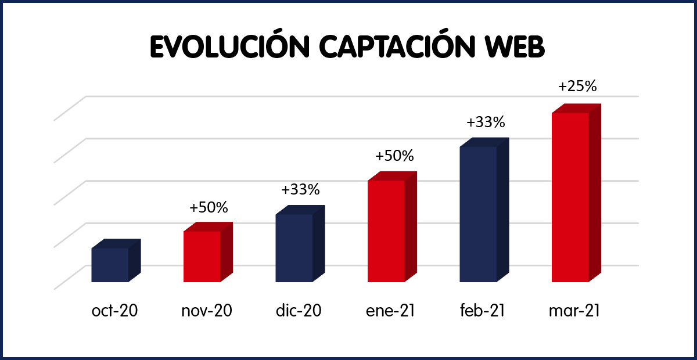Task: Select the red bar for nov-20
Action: [x=202, y=256]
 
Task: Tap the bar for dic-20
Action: [x=294, y=248]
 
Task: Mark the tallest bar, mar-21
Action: [x=570, y=197]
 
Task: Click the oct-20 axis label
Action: [x=115, y=311]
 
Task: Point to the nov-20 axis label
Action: [x=207, y=311]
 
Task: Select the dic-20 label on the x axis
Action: [x=299, y=311]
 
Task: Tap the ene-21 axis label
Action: [x=390, y=311]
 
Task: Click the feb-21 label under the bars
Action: [x=482, y=311]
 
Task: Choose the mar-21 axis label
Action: [x=574, y=311]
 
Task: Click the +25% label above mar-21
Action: [x=577, y=87]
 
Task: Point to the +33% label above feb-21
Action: [x=486, y=123]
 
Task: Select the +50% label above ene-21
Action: [x=394, y=156]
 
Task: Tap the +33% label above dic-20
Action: [x=300, y=190]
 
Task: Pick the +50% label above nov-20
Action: [x=209, y=207]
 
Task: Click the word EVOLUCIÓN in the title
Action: [x=229, y=48]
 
